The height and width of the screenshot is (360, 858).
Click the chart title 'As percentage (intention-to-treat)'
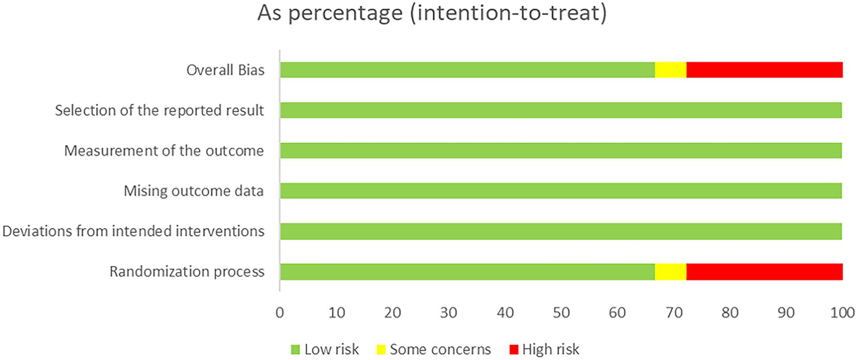pos(432,15)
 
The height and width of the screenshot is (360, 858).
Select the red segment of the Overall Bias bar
pos(764,70)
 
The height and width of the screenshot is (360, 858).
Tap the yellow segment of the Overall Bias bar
pos(670,70)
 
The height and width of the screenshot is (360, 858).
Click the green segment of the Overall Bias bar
pos(467,70)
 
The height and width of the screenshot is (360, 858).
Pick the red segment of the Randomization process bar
pos(764,272)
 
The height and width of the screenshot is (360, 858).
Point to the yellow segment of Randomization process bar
pos(670,272)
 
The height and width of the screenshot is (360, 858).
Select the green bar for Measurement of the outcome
pos(561,150)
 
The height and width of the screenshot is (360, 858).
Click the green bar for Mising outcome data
pos(561,191)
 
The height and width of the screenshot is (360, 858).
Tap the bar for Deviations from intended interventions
pos(561,231)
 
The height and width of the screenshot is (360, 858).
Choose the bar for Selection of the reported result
pos(561,110)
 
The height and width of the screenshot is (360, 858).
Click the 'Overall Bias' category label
pos(225,71)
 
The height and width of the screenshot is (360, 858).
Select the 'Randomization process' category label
pos(187,272)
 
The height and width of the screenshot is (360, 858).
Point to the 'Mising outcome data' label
pos(194,192)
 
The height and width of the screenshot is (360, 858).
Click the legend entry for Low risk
pos(325,350)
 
